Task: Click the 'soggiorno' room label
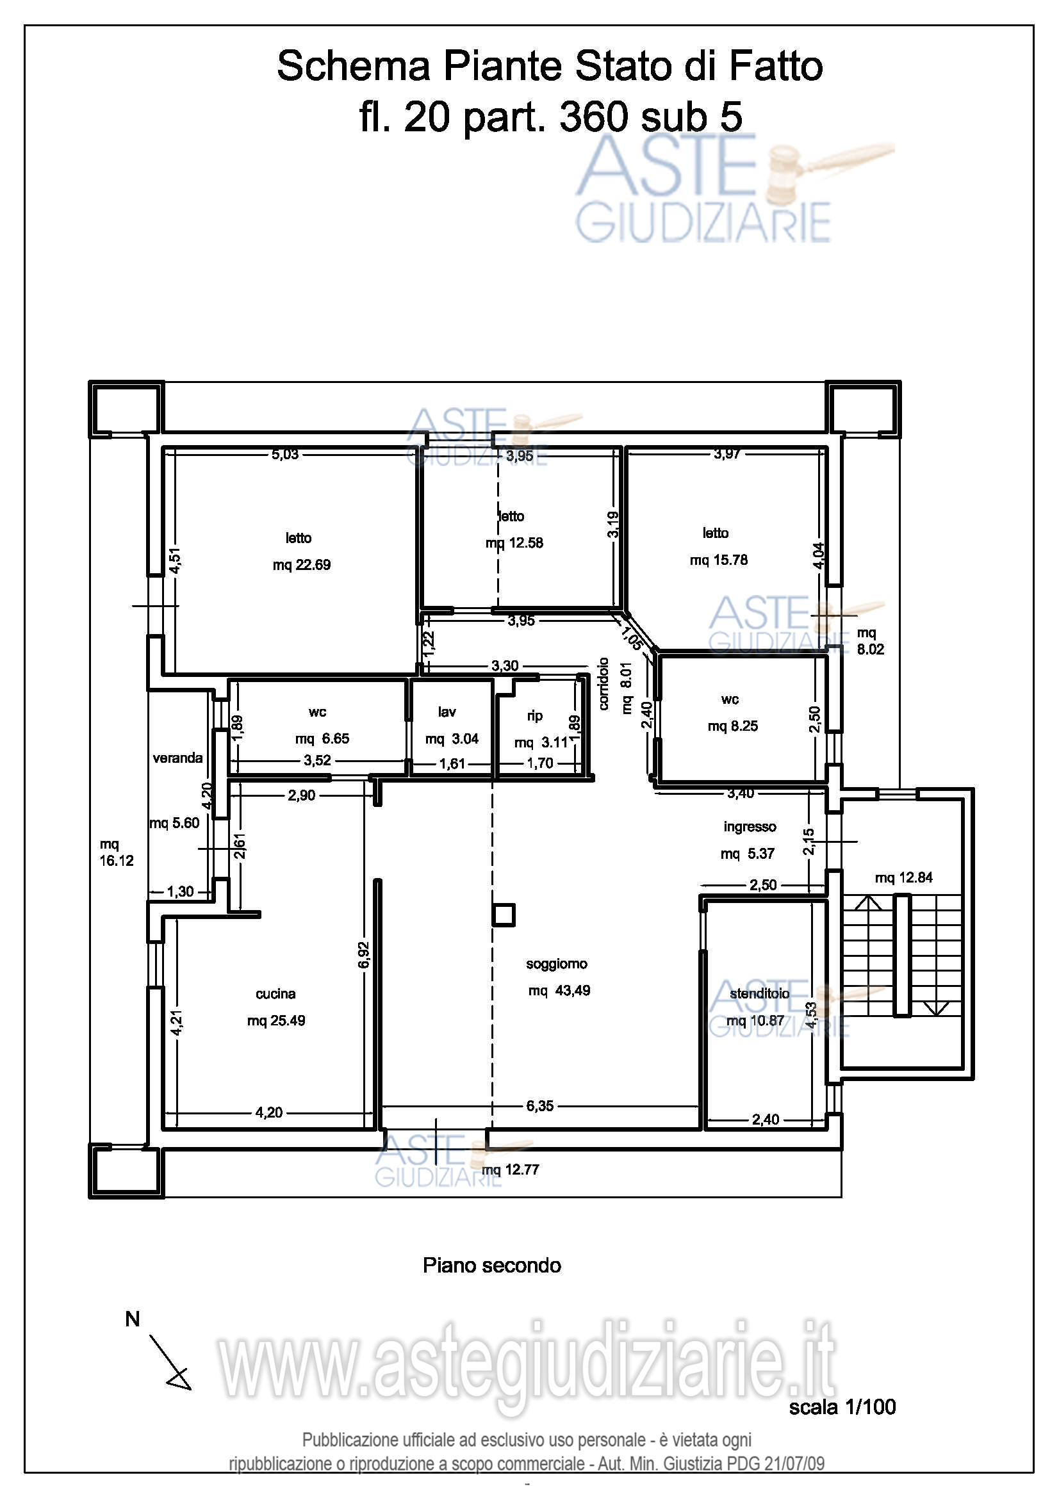click(557, 964)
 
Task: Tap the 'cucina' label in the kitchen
click(275, 994)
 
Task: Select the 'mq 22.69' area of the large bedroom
click(302, 565)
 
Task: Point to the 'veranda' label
click(177, 758)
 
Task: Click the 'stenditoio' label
click(760, 993)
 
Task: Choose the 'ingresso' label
click(750, 827)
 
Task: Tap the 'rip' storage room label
click(535, 716)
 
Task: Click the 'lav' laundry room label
click(447, 712)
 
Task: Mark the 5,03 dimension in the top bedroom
click(285, 454)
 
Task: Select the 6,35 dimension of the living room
click(539, 1106)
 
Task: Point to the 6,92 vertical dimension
click(363, 955)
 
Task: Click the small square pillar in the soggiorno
click(503, 915)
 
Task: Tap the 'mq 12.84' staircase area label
click(904, 877)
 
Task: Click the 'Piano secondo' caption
click(492, 1266)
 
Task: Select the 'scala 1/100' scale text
click(842, 1407)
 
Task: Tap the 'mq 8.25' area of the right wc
click(733, 726)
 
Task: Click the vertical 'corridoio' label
click(603, 684)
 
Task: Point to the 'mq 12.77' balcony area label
click(510, 1169)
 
